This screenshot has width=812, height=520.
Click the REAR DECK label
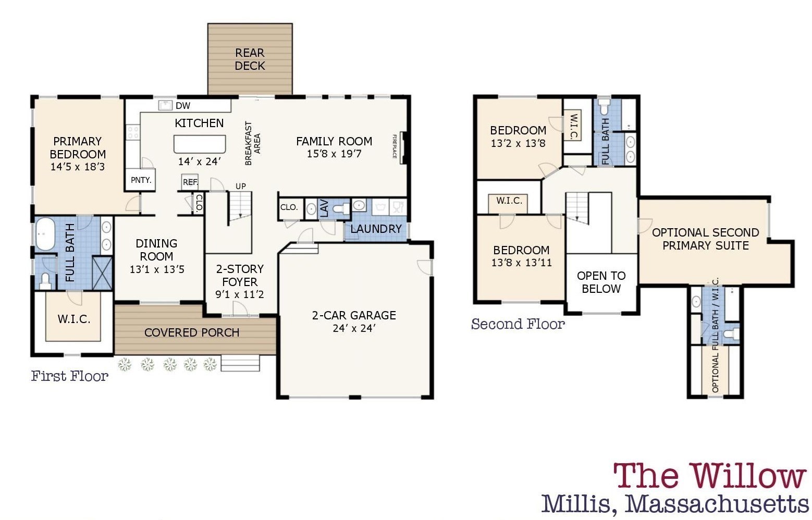point(250,59)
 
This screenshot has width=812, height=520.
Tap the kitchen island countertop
point(200,143)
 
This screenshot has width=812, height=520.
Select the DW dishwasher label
point(183,106)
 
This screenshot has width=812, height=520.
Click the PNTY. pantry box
point(141,180)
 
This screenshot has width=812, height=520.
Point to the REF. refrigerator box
point(190,182)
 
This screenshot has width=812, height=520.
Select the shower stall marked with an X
point(103,273)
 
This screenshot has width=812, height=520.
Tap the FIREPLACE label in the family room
point(395,147)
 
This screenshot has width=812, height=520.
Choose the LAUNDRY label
point(376,229)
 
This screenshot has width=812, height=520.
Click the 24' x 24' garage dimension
point(354,328)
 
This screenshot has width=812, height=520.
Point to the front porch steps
point(240,363)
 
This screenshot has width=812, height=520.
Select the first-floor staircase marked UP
point(240,206)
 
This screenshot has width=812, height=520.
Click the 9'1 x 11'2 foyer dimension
point(240,294)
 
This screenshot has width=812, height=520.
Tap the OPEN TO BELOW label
point(601,282)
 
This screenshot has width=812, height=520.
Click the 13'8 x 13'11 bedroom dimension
point(521,263)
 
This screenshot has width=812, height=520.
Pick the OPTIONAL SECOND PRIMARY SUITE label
point(705,239)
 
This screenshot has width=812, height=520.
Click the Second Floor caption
point(518,324)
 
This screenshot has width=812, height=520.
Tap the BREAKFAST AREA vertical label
point(252,144)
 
